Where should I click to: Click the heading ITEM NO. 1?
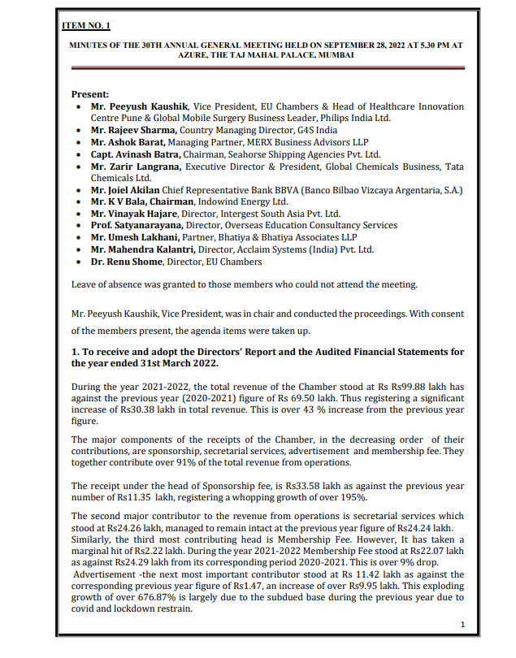pos(88,26)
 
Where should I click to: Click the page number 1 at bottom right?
pos(462,625)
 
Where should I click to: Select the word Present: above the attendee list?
pos(90,94)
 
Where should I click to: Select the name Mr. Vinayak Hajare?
pos(131,214)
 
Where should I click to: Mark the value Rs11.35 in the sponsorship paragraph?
pos(133,497)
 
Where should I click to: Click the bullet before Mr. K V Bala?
pos(76,202)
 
